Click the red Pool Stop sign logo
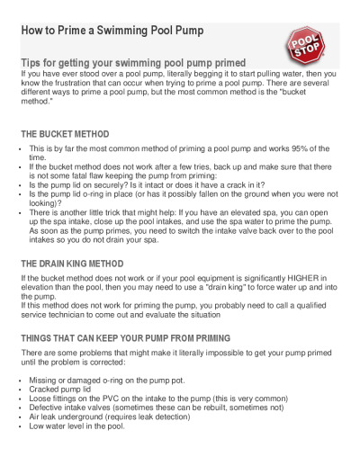pos(305,44)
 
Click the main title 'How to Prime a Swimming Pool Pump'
pos(112,31)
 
